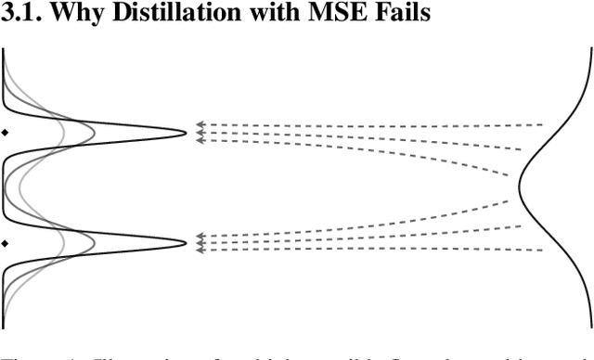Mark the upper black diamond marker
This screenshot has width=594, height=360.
click(5, 135)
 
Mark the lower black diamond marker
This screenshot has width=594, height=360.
click(5, 243)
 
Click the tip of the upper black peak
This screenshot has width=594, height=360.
click(187, 135)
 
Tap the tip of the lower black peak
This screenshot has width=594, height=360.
click(187, 243)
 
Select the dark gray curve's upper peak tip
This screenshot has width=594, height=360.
click(96, 135)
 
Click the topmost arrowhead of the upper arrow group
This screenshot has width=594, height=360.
click(199, 124)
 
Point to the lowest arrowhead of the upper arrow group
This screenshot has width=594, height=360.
click(199, 141)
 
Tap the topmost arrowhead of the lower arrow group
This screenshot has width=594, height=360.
click(199, 237)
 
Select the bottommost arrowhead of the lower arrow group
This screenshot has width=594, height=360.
click(199, 251)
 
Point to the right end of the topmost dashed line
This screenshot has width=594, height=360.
click(543, 124)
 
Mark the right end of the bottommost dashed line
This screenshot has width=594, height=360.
click(543, 251)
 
